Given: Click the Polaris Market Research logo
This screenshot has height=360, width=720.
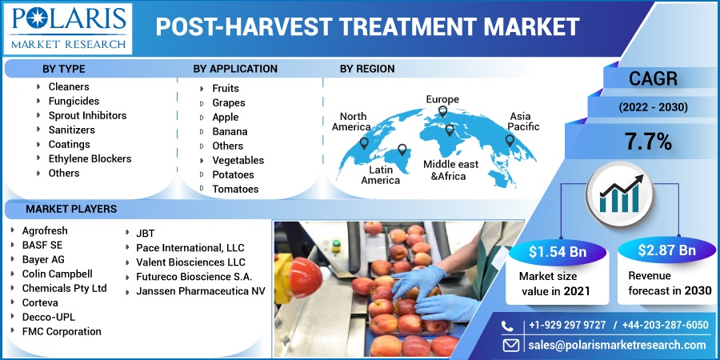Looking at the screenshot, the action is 68,29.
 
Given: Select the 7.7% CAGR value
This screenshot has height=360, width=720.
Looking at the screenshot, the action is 648,142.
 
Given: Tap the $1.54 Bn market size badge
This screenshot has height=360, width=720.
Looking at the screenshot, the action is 558,252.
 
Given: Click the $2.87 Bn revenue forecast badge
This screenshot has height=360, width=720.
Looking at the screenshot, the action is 666,250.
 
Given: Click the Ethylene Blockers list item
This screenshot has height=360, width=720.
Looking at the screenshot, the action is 90,159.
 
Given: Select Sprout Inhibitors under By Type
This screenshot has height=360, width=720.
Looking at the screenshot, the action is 88,116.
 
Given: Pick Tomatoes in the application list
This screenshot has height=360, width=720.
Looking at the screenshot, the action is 235,189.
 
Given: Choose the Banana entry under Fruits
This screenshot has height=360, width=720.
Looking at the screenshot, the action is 230,132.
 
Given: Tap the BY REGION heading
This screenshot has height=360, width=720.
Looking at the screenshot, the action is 367,69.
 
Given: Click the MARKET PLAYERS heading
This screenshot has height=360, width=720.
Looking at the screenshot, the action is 71,210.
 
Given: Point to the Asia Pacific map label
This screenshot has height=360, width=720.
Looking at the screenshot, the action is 523,122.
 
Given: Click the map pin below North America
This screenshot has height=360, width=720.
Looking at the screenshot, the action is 364,143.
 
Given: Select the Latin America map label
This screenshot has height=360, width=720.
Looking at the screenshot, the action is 380,175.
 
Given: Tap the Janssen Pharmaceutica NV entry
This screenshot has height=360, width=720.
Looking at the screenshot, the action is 201,291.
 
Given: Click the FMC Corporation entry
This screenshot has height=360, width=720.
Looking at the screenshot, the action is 62,331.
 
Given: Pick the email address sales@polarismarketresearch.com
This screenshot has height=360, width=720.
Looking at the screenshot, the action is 617,346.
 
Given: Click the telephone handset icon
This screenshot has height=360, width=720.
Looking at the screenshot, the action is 507,326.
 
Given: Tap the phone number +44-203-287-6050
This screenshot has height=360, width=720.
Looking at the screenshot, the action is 666,325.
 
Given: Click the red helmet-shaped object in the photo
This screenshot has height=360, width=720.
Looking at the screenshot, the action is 306,278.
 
